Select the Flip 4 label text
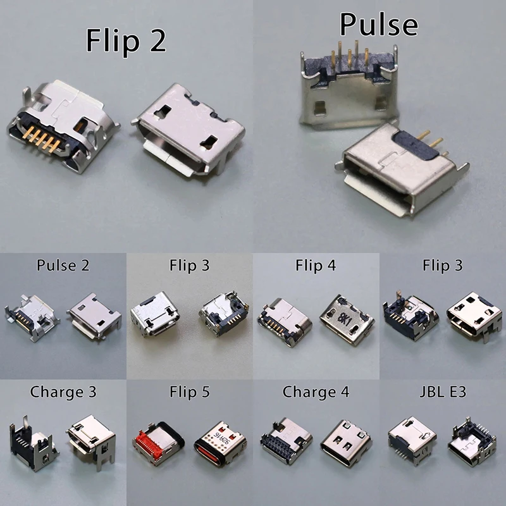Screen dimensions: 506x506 pos(316,265)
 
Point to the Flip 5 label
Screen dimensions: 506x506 pos(189,392)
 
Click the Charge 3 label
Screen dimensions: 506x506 pos(63,392)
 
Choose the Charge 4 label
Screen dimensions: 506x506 pos(316,392)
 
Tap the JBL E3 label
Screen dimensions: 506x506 pos(442,392)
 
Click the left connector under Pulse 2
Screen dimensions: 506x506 pos(30,313)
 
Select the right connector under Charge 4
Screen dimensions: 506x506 pos(347,443)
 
